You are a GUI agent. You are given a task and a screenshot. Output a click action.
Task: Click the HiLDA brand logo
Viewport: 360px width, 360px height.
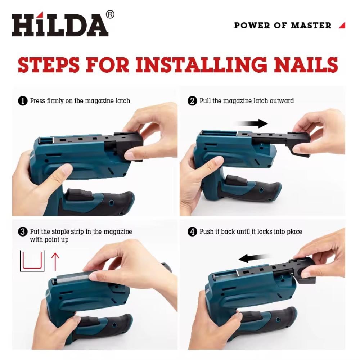(x=60, y=24)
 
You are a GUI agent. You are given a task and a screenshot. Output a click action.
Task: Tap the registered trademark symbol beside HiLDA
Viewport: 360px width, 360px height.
(x=110, y=14)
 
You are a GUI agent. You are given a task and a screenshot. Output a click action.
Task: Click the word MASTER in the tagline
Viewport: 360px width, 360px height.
(x=311, y=26)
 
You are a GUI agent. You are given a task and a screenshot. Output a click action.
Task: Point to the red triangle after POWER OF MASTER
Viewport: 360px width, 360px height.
(x=342, y=25)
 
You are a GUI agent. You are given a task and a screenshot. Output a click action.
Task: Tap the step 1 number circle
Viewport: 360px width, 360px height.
(x=22, y=101)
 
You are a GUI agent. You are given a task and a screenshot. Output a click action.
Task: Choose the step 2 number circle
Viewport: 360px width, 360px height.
(x=192, y=101)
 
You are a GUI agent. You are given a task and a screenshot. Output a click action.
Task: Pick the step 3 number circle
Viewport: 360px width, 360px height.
(x=22, y=231)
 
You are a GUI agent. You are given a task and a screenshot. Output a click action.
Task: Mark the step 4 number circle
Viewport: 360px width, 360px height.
(x=192, y=231)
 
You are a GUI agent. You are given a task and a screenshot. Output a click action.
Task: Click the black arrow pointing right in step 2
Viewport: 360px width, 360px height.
(x=252, y=123)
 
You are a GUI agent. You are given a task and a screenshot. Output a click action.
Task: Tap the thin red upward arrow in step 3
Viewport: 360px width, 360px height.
(x=55, y=262)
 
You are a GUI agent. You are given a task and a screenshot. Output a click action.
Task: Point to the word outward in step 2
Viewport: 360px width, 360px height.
(x=282, y=101)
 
